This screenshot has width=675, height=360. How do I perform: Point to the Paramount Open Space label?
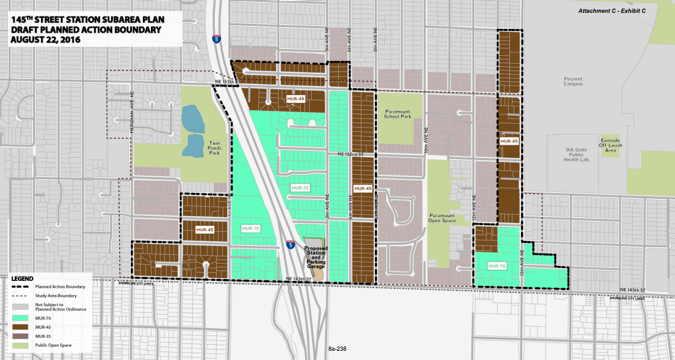(442, 218)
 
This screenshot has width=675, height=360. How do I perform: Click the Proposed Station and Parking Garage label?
(317, 258)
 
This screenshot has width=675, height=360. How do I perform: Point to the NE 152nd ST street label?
(351, 155)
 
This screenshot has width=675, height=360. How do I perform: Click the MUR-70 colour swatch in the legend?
(21, 318)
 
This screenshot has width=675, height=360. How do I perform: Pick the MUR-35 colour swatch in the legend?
(21, 336)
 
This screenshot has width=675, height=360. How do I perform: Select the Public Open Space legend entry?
(53, 345)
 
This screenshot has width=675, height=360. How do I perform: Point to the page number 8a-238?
(337, 349)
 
